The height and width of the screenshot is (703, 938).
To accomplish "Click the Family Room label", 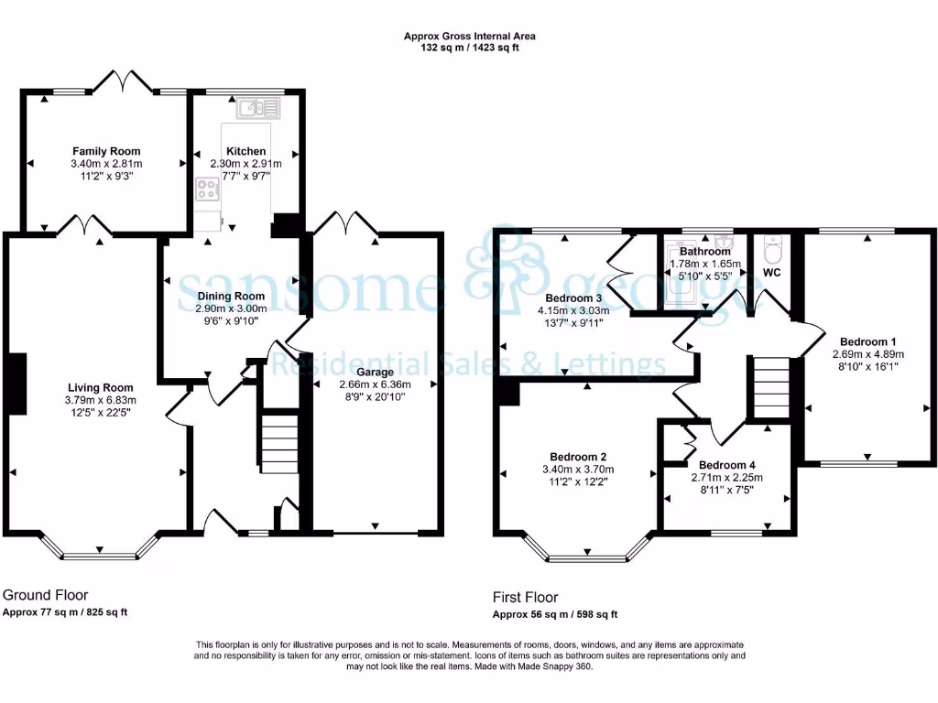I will coord(107,151).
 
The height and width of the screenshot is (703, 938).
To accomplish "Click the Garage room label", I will coord(376,373).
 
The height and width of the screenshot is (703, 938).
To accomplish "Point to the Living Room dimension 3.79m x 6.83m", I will coord(100,400).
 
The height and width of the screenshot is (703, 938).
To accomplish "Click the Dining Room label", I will coord(231,296).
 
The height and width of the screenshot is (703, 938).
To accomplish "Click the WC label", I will coord(771,273).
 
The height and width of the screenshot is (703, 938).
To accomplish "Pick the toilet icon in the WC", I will coord(771,248).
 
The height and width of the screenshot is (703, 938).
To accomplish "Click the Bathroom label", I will coord(704,252).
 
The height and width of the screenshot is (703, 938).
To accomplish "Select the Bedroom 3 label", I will coord(573,297).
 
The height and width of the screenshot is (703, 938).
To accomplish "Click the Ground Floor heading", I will coord(46,595).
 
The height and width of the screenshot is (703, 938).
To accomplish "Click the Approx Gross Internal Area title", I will coord(470,37).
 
